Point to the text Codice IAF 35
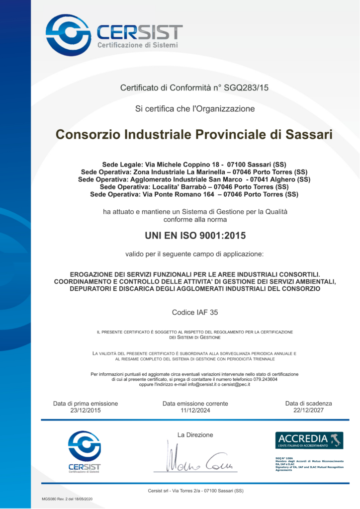click(x=195, y=312)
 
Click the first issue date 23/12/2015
click(x=86, y=411)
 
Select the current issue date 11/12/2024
click(x=195, y=411)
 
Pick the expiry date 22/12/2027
click(x=308, y=411)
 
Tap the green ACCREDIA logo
click(x=309, y=440)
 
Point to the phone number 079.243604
click(x=264, y=379)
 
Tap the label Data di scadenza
click(x=308, y=403)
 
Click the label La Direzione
click(x=195, y=435)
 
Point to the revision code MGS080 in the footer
click(x=51, y=499)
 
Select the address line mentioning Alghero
click(x=194, y=179)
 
